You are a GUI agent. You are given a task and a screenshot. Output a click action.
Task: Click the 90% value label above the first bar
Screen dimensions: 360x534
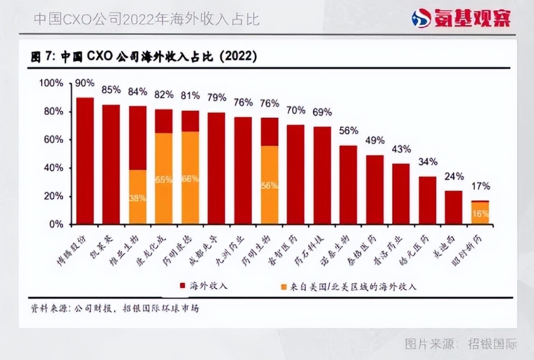[x=85, y=83]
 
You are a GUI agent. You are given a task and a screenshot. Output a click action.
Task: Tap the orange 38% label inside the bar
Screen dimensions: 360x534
[x=138, y=198]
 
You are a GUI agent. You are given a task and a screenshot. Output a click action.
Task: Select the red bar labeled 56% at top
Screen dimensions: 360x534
[x=348, y=184]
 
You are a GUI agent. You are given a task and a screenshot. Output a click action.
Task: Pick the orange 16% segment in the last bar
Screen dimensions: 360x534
[x=480, y=214]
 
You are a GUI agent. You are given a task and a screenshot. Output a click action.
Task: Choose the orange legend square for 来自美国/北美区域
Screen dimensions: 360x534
[x=285, y=286]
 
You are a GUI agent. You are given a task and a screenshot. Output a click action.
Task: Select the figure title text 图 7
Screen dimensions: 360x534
[x=43, y=57]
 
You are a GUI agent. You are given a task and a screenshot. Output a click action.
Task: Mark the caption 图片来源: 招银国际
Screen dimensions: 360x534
[x=461, y=343]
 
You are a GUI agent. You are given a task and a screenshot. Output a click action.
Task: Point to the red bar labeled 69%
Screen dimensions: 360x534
[x=322, y=176]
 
